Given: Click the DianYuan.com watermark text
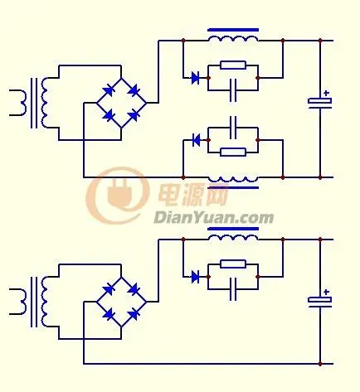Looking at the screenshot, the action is click(213, 218).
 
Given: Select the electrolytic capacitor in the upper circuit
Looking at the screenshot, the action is click(320, 103).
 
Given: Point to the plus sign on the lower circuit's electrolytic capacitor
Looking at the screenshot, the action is click(327, 292).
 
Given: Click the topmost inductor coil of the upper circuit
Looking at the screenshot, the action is click(233, 39).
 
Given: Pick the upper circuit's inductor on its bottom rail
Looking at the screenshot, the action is click(233, 179).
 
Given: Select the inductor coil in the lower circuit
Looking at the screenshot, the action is click(233, 238).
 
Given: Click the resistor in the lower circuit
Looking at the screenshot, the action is click(233, 264).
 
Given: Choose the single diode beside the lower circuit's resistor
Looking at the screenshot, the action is click(195, 277).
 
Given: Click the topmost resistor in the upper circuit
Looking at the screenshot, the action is click(233, 65).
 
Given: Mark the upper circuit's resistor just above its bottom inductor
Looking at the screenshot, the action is click(233, 152).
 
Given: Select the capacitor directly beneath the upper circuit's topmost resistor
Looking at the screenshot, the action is click(233, 90).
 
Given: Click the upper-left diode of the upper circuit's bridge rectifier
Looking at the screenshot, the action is click(108, 90).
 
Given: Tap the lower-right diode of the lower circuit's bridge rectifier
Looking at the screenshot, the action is click(134, 314).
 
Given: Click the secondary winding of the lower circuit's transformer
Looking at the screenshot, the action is click(44, 302).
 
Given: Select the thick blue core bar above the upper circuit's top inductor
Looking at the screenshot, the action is click(233, 30).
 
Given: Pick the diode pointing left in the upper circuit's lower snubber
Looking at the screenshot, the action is click(196, 140).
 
